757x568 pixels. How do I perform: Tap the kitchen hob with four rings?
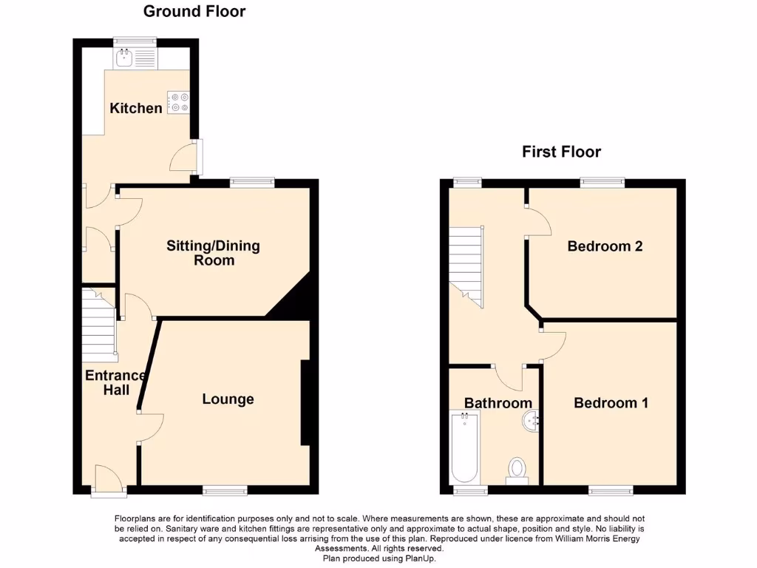[x=178, y=102]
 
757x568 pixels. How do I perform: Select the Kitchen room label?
[x=136, y=109]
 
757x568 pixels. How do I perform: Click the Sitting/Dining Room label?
[x=213, y=253]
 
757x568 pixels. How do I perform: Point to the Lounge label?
[x=228, y=399]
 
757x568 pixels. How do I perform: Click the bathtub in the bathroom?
[x=465, y=447]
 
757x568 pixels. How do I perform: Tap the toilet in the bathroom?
[x=517, y=469]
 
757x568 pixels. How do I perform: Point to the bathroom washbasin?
[x=531, y=422]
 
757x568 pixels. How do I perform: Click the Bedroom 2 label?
[x=605, y=246]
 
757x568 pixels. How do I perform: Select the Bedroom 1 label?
[x=611, y=403]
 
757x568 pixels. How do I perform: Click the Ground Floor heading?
[x=194, y=11]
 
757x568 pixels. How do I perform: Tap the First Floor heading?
[x=561, y=152]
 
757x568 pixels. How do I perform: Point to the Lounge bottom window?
[x=225, y=490]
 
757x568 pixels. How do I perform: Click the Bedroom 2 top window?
[x=602, y=181]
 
